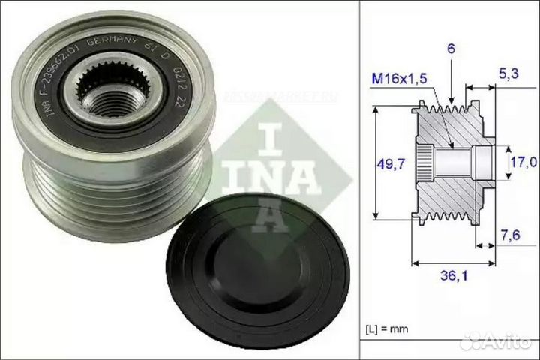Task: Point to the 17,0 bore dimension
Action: point(523,161)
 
